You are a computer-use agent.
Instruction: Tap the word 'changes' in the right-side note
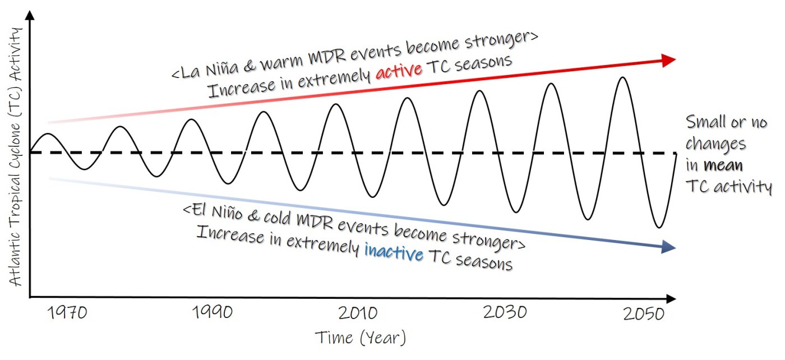click(x=716, y=144)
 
